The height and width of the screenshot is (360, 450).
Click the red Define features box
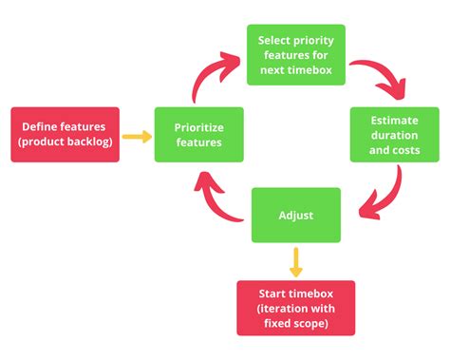(65, 135)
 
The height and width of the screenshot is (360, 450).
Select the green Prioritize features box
(198, 135)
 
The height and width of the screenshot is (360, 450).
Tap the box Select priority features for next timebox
(295, 53)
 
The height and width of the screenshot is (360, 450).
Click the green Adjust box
(295, 215)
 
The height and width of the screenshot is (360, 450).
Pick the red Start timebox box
(295, 308)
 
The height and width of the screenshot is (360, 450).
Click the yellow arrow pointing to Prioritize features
(138, 136)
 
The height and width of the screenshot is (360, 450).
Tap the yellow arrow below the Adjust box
(295, 261)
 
